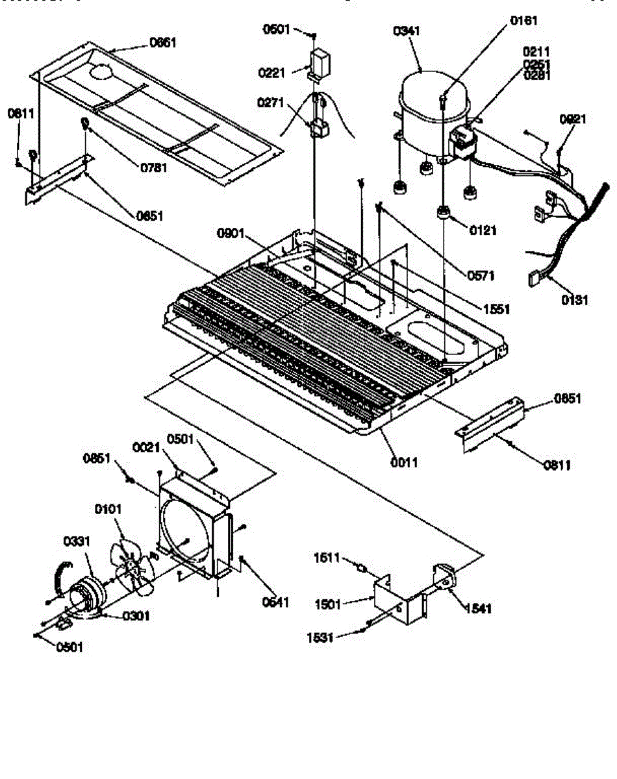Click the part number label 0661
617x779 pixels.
[x=163, y=43]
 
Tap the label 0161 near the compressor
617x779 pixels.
[x=523, y=21]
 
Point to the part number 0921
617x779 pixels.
[x=573, y=119]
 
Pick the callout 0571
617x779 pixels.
[x=481, y=275]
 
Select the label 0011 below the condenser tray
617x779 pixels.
[x=404, y=462]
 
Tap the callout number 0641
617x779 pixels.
[x=275, y=601]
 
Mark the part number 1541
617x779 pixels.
[x=478, y=608]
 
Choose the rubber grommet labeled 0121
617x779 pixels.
[x=444, y=214]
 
